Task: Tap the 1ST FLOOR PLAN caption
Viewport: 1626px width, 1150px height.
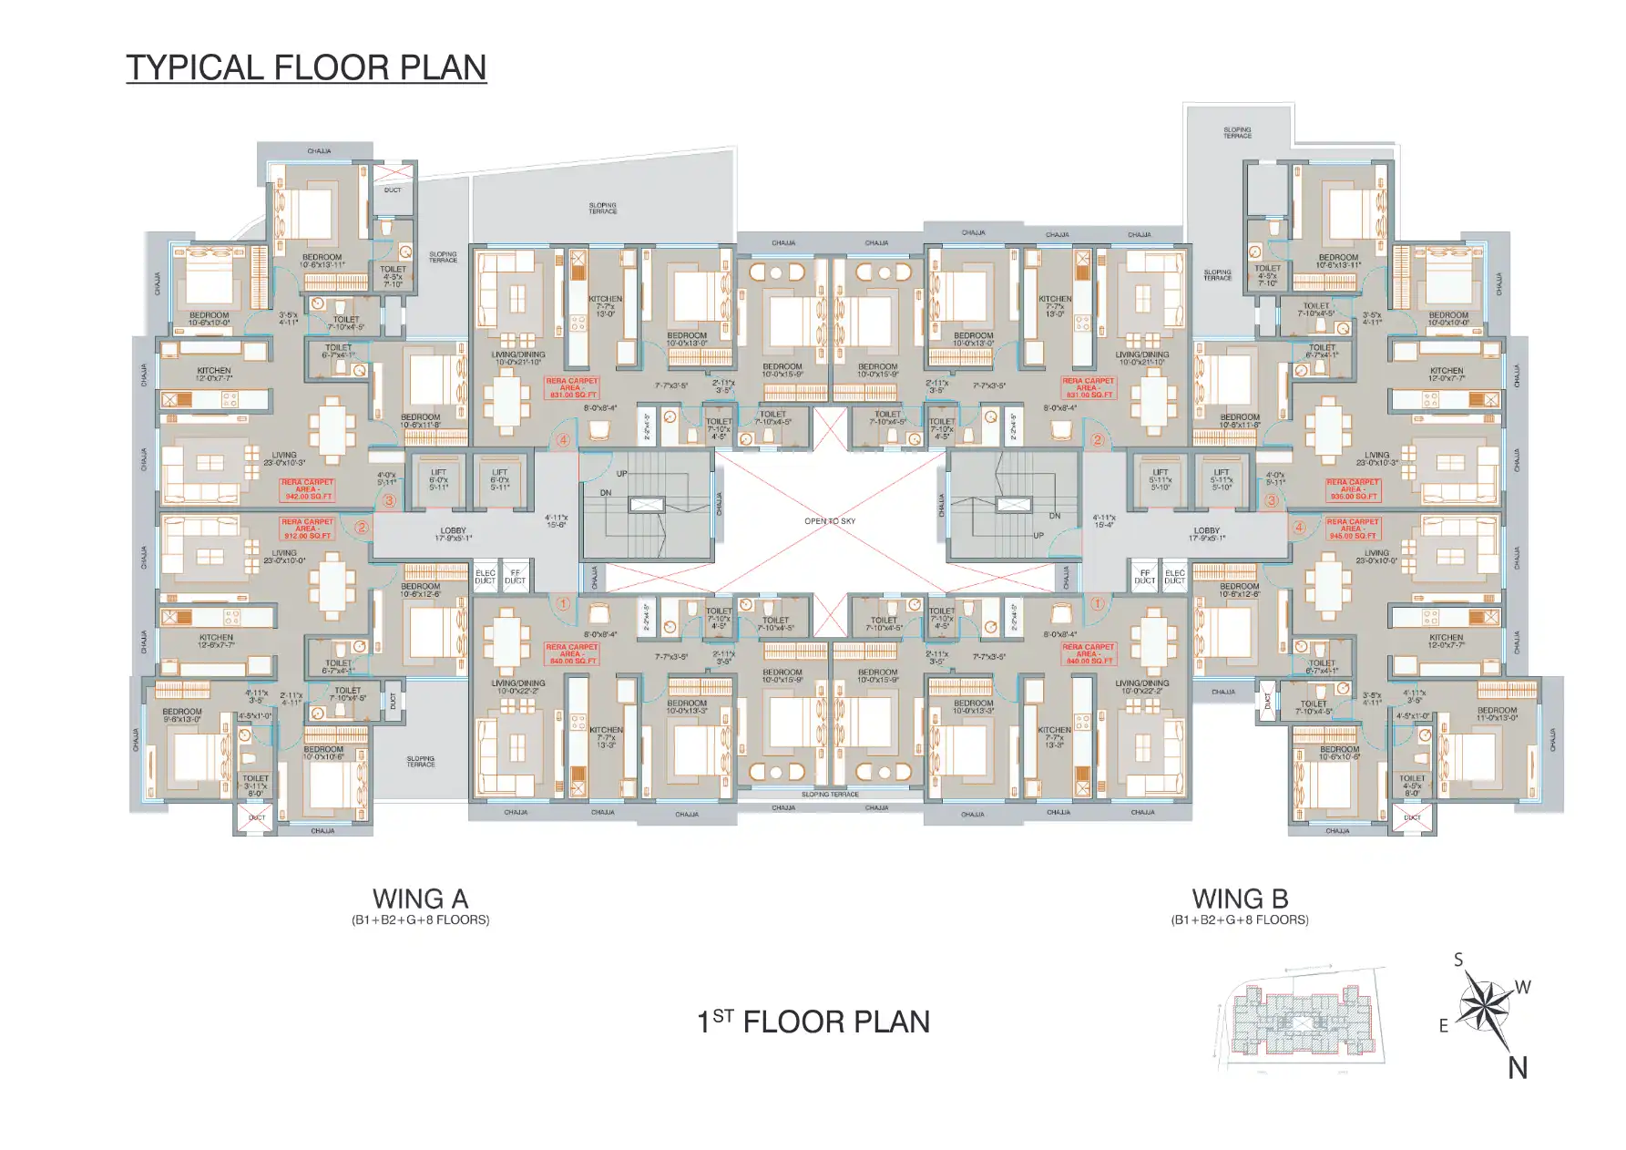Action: [813, 1022]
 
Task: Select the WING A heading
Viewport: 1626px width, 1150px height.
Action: [420, 899]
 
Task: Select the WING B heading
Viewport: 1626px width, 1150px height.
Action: [1240, 899]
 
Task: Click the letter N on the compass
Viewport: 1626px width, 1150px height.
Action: [1518, 1068]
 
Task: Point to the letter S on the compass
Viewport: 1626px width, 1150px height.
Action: [1458, 960]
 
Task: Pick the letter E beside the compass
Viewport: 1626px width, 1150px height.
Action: [1444, 1026]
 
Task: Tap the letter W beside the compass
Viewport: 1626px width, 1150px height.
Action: [1523, 987]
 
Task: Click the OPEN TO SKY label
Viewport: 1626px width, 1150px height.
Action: [830, 521]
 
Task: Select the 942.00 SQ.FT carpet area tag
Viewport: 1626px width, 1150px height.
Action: [308, 490]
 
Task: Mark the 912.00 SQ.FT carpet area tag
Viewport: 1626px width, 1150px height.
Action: [307, 529]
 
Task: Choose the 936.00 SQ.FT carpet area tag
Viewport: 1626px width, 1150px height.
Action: [1353, 490]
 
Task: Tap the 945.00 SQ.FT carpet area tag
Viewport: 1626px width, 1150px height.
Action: [1353, 529]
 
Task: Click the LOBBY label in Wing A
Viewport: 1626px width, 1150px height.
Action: [453, 530]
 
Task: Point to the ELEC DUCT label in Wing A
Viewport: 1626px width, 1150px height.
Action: [486, 577]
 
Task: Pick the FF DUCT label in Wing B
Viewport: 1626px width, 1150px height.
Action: [1145, 577]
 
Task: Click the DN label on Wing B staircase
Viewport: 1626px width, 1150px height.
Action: [1055, 516]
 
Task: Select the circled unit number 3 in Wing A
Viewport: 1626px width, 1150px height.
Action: [389, 500]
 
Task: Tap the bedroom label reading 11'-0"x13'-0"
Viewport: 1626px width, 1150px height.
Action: [1498, 714]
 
